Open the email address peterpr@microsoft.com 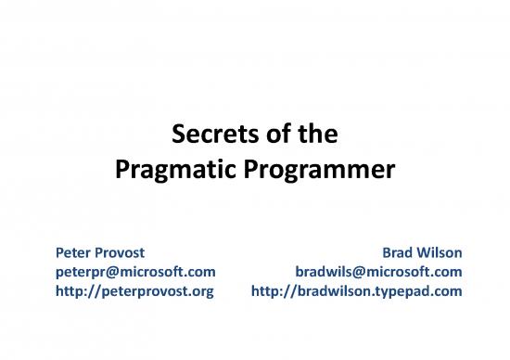pyautogui.click(x=135, y=271)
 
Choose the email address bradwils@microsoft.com pyautogui.click(x=378, y=271)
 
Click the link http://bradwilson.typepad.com pyautogui.click(x=357, y=290)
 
